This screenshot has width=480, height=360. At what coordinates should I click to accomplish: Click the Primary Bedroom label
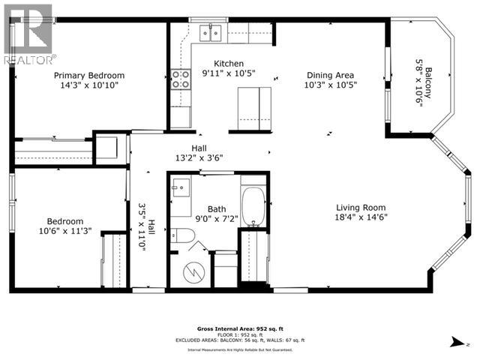click(x=88, y=76)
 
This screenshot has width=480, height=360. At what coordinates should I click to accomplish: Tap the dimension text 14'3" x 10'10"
click(x=88, y=85)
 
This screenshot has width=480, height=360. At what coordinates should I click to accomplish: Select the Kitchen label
click(x=229, y=63)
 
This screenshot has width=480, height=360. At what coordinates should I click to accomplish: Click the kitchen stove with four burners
click(x=181, y=79)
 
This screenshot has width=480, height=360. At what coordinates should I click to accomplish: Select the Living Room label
click(x=360, y=208)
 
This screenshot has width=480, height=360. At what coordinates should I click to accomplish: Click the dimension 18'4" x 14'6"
click(x=360, y=218)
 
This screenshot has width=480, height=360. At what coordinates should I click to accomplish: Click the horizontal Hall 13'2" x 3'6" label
click(x=199, y=152)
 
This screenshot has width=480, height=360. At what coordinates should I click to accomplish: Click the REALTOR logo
click(x=28, y=34)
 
